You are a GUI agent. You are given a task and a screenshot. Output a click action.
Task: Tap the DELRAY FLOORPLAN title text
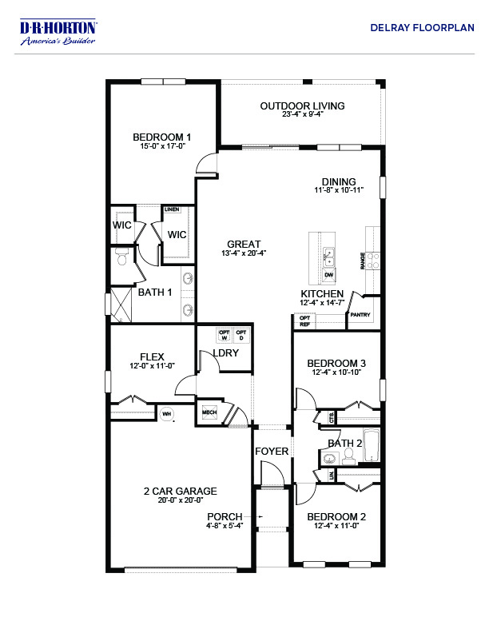pos(422,27)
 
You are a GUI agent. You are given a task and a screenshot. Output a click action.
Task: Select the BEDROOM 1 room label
pos(161,137)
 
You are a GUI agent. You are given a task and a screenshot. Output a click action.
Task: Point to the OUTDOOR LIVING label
pos(302,105)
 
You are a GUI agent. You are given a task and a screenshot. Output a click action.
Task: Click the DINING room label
pos(339,181)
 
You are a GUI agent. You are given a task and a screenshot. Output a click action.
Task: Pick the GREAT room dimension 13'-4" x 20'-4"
pos(244,253)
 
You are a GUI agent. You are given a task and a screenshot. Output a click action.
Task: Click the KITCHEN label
pos(322,294)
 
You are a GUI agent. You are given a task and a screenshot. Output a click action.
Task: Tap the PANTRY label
pos(360,315)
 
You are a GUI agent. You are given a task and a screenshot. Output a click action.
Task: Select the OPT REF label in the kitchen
pos(304,321)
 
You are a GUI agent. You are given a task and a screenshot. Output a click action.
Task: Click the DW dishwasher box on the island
pos(329,275)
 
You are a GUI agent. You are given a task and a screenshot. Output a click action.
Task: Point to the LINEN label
pos(172,209)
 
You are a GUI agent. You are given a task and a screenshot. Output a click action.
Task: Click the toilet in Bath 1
pos(121,257)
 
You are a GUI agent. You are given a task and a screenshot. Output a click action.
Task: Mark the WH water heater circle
pos(167,413)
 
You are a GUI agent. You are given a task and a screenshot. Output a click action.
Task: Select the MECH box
pos(209,412)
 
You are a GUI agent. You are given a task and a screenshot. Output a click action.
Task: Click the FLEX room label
pos(152,356)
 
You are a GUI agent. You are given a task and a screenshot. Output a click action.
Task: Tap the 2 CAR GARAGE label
pos(180,491)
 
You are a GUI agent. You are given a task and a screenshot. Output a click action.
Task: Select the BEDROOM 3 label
pos(336,363)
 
